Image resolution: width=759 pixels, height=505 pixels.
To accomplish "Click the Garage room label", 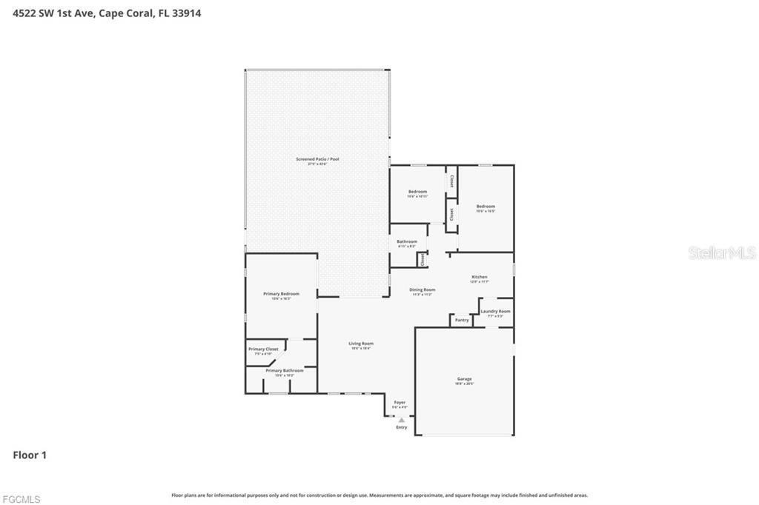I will point(464,379).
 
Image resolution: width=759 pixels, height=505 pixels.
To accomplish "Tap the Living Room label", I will point(362,344).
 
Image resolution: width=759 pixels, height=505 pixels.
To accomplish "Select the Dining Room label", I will point(423,290).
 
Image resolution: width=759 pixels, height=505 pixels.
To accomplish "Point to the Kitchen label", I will point(480,278).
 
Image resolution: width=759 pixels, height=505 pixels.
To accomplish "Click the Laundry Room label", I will point(495,312).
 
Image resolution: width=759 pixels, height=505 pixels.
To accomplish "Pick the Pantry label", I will point(462,320).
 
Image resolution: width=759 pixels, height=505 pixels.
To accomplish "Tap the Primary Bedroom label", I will point(281,294).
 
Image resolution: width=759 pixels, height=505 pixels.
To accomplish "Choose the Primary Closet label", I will point(263,350).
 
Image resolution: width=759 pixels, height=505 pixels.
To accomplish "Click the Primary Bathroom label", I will point(285,370).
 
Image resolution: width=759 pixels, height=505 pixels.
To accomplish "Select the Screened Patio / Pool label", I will point(317,159).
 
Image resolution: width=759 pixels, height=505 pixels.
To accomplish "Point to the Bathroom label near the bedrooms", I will point(407,241).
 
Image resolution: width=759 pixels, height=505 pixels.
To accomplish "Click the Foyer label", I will point(400,403).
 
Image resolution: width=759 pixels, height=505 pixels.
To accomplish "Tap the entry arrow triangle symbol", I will point(402,419).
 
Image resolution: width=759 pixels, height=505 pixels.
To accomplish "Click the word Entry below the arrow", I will point(402,427).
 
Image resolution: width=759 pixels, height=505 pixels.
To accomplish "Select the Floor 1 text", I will point(30,455).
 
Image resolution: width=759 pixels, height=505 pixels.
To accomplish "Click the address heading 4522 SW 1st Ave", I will point(107,13).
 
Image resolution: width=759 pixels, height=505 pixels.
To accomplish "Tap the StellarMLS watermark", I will point(722,252).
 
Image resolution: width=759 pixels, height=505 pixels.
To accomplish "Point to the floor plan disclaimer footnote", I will point(379,495).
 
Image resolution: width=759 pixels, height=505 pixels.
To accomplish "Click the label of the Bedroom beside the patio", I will point(417,192).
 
